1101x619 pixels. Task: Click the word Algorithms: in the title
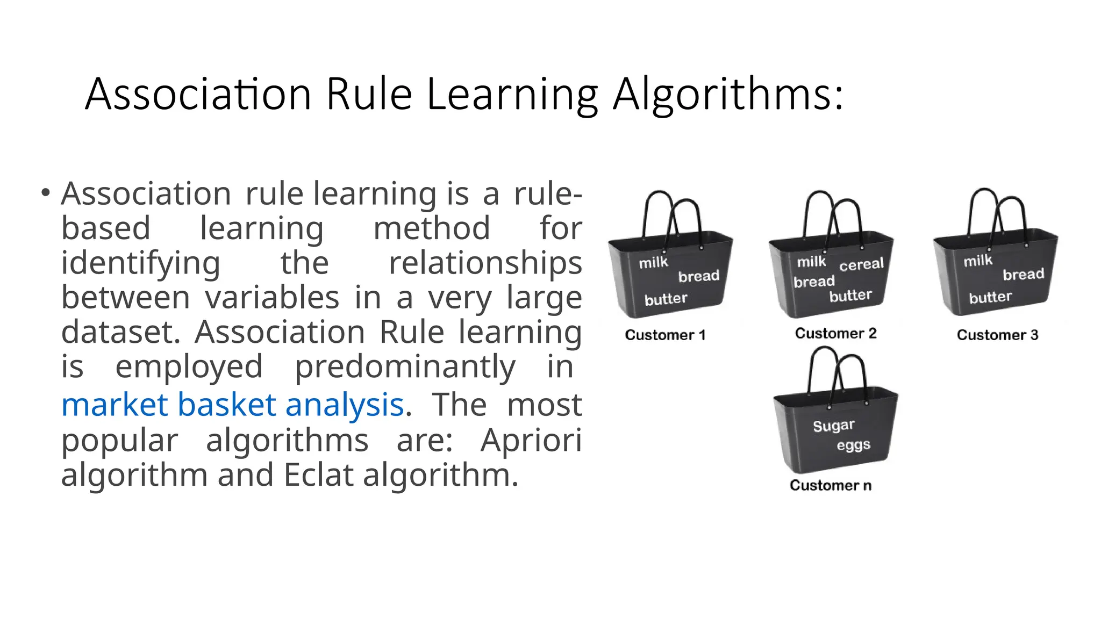click(x=728, y=95)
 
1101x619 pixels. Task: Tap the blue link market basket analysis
click(x=232, y=405)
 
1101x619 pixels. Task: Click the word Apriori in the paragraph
click(x=531, y=441)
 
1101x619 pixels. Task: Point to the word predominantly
click(x=405, y=367)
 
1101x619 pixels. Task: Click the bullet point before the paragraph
click(x=46, y=192)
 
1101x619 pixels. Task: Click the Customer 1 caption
click(x=665, y=335)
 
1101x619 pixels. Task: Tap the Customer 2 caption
click(x=835, y=334)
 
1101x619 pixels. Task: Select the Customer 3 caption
click(x=997, y=335)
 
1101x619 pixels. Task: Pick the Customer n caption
click(x=831, y=486)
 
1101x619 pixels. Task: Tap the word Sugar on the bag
click(x=833, y=426)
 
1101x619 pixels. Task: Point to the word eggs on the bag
click(x=853, y=445)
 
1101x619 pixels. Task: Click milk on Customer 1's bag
click(x=653, y=263)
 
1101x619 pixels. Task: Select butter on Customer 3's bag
click(x=990, y=297)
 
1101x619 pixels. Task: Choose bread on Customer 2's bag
click(x=814, y=282)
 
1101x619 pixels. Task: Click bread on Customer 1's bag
click(x=698, y=276)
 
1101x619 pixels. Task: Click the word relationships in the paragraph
click(x=485, y=263)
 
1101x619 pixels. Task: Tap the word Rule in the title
click(x=369, y=95)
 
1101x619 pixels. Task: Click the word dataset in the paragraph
click(x=120, y=333)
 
